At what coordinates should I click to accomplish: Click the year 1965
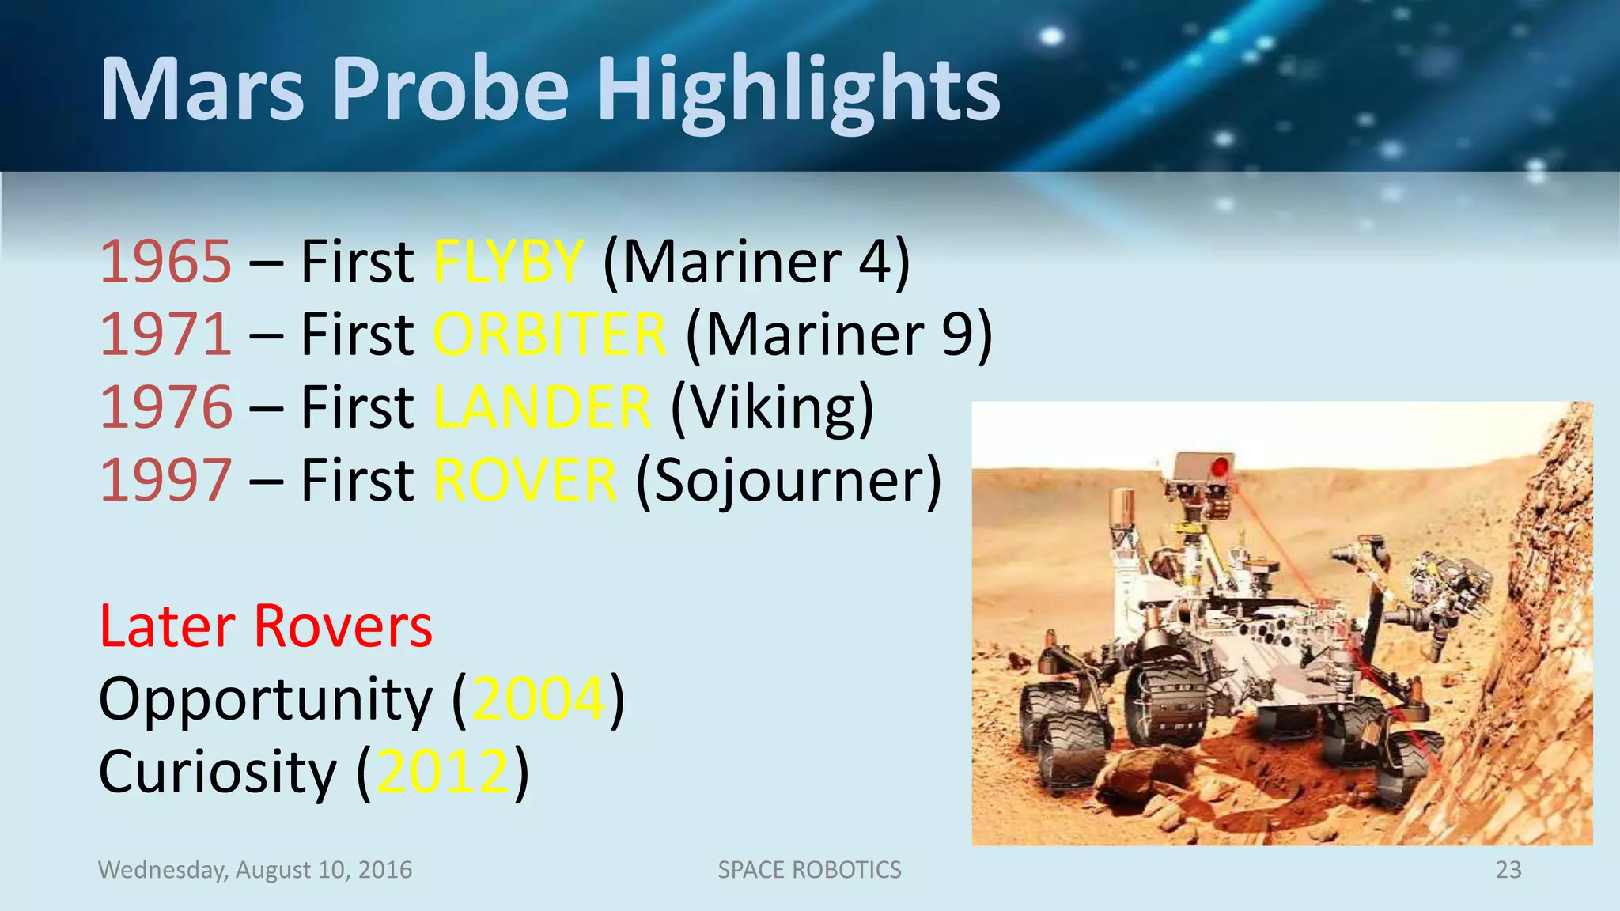(x=166, y=262)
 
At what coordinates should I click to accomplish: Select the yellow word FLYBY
(x=509, y=262)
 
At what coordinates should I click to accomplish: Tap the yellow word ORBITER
(x=550, y=335)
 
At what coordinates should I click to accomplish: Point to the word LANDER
(x=543, y=407)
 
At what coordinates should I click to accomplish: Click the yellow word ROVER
(x=525, y=480)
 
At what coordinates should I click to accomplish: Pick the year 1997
(x=166, y=480)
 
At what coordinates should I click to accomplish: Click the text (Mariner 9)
(x=838, y=335)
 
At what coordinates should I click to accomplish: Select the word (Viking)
(x=772, y=407)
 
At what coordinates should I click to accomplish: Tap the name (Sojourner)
(x=789, y=480)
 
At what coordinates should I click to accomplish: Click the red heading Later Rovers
(x=266, y=626)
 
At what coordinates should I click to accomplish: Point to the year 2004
(x=539, y=699)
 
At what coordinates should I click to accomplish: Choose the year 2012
(x=443, y=772)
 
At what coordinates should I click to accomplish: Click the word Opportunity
(x=266, y=699)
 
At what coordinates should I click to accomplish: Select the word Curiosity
(x=218, y=772)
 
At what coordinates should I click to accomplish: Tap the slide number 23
(x=1508, y=870)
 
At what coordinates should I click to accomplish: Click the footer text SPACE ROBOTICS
(x=809, y=870)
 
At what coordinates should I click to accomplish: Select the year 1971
(x=166, y=335)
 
